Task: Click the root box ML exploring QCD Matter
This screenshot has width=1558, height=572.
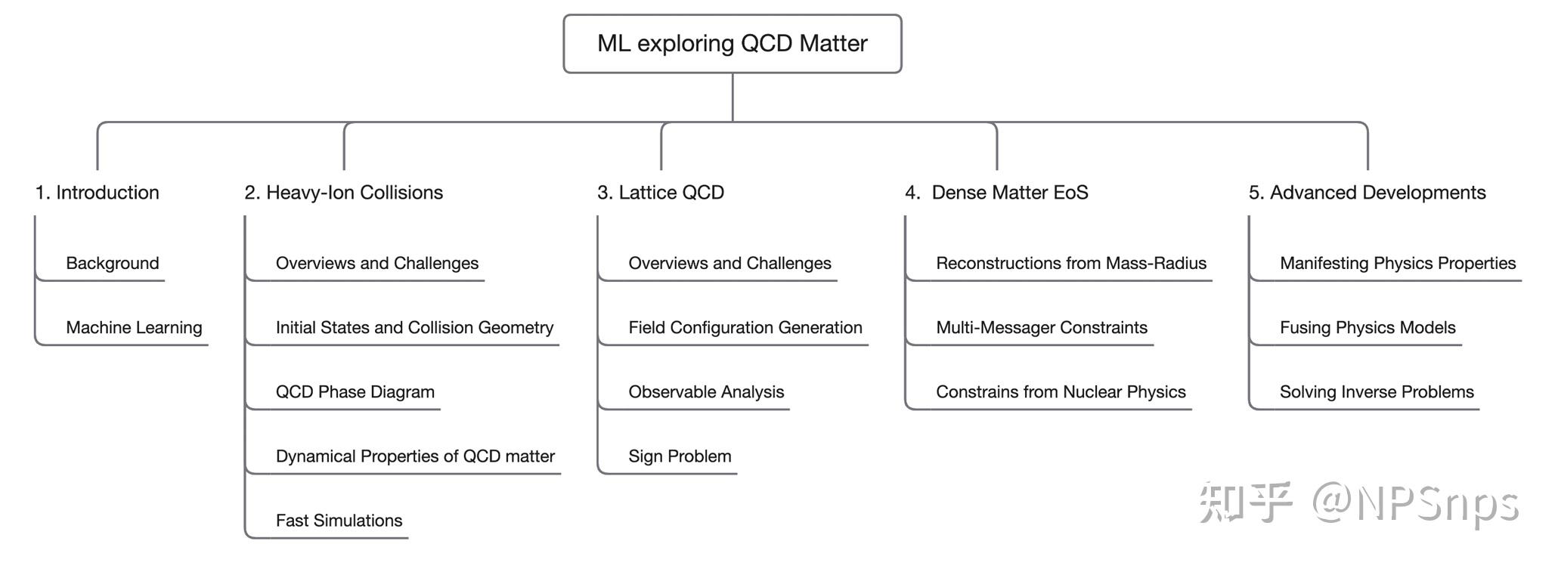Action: pos(732,44)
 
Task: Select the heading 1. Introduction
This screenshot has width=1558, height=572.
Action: pos(98,193)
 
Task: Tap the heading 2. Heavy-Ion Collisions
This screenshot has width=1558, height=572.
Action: pos(344,193)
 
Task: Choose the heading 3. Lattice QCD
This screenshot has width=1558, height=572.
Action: pos(661,193)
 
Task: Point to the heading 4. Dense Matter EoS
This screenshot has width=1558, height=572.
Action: pos(996,193)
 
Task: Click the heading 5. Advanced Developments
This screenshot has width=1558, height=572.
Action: pos(1367,193)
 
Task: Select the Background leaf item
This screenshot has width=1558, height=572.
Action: pos(113,264)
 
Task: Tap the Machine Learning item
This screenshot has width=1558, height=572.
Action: pos(134,328)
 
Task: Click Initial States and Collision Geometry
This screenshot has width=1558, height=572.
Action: pos(414,328)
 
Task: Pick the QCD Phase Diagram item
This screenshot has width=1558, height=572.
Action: pos(355,392)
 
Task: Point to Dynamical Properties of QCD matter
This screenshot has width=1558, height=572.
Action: pos(415,456)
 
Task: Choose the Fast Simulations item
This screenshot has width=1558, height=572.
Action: pos(339,521)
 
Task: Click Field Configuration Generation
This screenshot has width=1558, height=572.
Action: pos(745,328)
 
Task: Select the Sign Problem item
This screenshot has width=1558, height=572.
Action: pos(680,456)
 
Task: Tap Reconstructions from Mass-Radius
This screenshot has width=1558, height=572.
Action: pos(1071,264)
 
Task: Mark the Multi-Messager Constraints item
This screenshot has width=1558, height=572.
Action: pos(1042,328)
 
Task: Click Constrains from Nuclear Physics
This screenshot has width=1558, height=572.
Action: pos(1061,392)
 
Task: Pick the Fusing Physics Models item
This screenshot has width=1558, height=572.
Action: pos(1368,328)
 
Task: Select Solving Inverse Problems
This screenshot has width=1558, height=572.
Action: pos(1377,392)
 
